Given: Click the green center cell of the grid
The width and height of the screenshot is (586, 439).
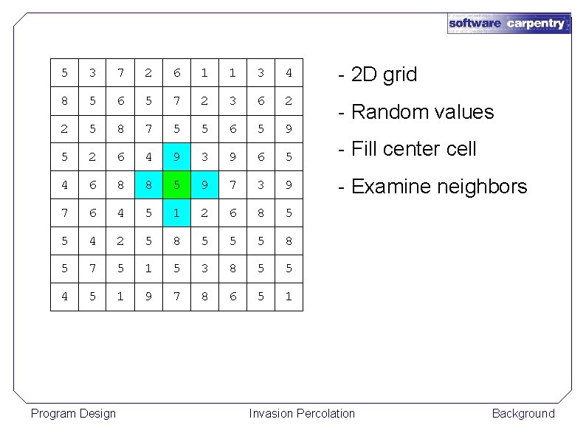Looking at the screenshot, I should click(x=176, y=184).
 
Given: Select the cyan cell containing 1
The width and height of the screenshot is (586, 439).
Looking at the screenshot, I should click(x=176, y=212).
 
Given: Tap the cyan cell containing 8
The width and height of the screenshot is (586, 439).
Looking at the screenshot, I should click(x=148, y=184).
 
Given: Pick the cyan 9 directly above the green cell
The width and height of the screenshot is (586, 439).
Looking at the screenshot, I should click(x=176, y=156).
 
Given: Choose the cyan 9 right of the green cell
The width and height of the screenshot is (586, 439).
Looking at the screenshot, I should click(x=204, y=184).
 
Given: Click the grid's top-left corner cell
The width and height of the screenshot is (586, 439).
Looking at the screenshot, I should click(x=64, y=72).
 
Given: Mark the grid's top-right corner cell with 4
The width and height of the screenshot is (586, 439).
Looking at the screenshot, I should click(x=289, y=72).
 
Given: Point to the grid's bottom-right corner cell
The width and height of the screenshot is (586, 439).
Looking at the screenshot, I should click(x=289, y=297).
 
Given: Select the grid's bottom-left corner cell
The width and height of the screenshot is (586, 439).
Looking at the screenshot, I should click(x=64, y=297).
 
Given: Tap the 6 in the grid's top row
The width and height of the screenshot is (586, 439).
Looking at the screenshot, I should click(x=176, y=72).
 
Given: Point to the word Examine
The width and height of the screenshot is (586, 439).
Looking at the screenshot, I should click(x=390, y=187).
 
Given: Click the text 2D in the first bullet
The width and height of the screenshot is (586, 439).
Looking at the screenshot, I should click(x=364, y=75).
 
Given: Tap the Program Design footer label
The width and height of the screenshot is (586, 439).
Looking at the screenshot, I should click(x=73, y=413).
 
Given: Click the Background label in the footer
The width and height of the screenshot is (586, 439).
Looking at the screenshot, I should click(x=523, y=413).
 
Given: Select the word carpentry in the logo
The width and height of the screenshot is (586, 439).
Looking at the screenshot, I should click(x=535, y=24).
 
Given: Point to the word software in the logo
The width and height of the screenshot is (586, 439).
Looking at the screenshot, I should click(x=475, y=24).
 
